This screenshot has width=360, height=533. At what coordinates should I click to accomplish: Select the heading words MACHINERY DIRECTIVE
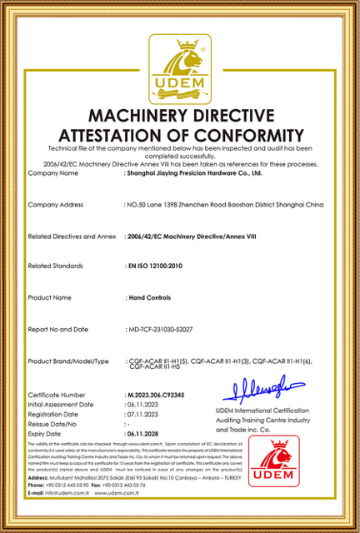coord(180,115)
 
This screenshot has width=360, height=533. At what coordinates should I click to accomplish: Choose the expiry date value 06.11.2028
coord(144,434)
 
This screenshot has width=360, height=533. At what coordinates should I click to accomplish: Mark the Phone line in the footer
coord(92,486)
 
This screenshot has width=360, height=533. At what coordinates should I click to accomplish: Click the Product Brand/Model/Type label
coord(68,361)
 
